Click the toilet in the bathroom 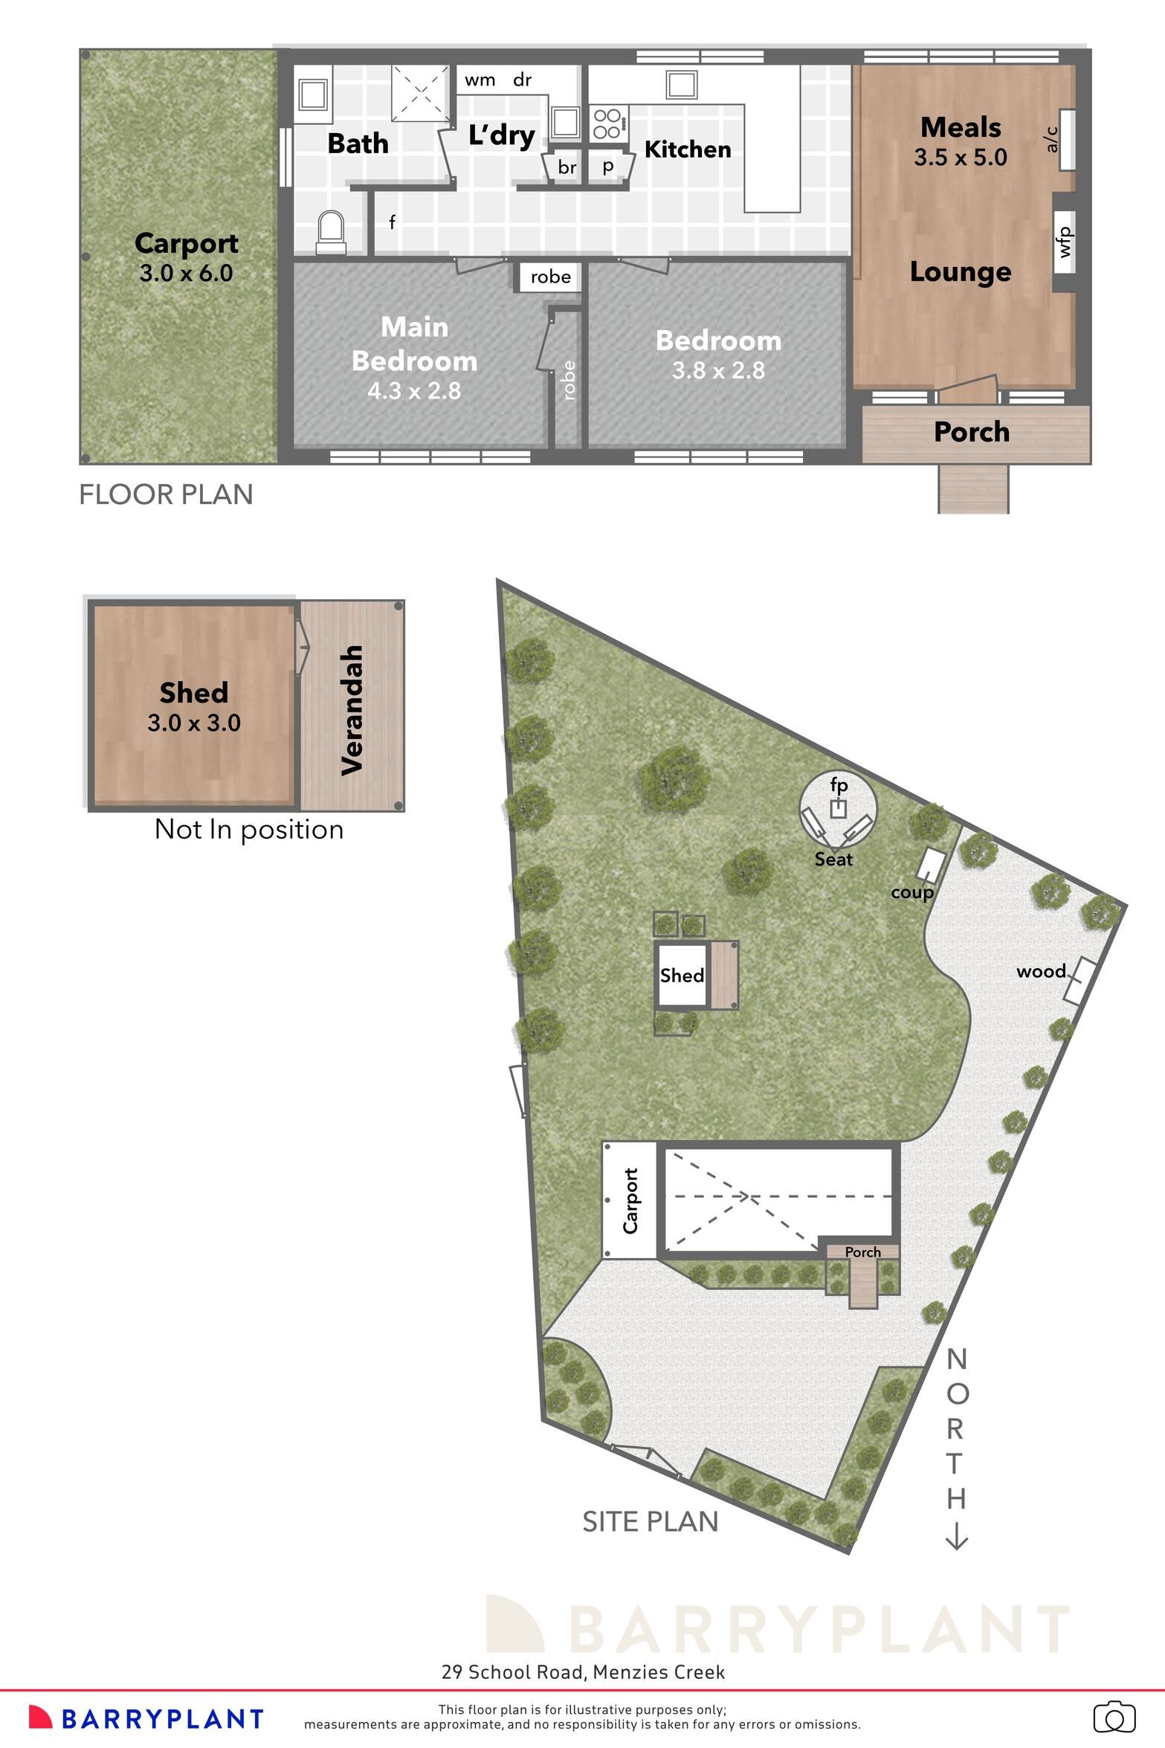coord(331,232)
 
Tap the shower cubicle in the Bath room coord(421,92)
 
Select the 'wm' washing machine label coord(480,80)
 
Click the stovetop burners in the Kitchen coord(607,123)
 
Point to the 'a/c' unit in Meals coord(1067,140)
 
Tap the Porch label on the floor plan coord(971,432)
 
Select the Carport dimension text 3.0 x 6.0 coord(186,273)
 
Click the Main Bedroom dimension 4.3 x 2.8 coord(414,390)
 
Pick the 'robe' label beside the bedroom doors coord(550,277)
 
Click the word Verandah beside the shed coord(352,710)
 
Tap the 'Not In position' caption coord(249,829)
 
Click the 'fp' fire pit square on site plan coord(838,809)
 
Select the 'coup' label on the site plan coord(911,891)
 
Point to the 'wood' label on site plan coord(1040,971)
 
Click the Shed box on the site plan coord(682,975)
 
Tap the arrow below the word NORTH coord(956,1537)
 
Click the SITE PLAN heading coord(650,1522)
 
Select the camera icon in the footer coord(1114,1718)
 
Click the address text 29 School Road coord(512,1672)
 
